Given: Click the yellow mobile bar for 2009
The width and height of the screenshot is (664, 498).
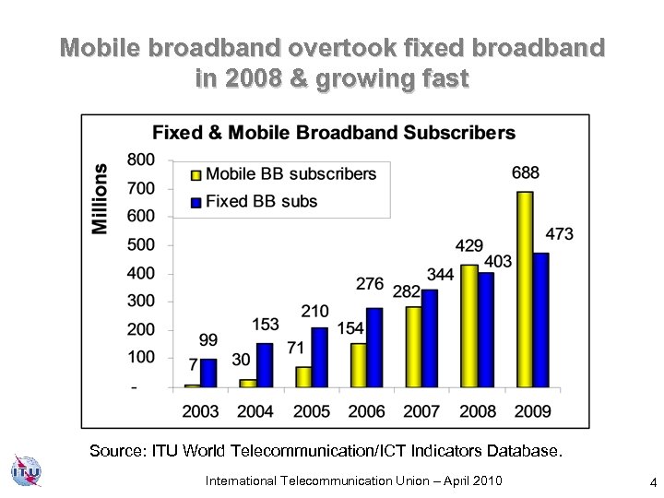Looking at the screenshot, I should point(525,290).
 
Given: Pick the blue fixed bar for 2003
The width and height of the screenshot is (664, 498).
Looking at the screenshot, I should point(208,373).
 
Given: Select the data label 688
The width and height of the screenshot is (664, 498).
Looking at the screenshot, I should point(526,172).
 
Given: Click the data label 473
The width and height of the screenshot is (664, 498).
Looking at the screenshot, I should point(559,234).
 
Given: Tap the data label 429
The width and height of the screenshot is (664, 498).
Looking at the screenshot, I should point(469,246).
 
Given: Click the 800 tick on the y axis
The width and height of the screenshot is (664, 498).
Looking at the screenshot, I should point(141,160).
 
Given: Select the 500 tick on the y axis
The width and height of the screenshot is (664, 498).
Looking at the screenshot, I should point(141,245).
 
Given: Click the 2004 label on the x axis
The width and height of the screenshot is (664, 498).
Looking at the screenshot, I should point(255,410).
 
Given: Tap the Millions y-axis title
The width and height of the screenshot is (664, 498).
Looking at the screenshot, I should point(100,198).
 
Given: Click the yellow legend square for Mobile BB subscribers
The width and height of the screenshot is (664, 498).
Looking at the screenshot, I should point(196,174).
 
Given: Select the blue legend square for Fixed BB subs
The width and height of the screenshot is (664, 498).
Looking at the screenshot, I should point(196,202).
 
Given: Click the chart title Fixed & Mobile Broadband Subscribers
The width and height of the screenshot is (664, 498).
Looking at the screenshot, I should point(333,133).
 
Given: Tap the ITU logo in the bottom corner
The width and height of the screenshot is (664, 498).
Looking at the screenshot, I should point(25,472).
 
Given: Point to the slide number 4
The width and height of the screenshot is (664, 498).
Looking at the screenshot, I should point(652,481).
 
